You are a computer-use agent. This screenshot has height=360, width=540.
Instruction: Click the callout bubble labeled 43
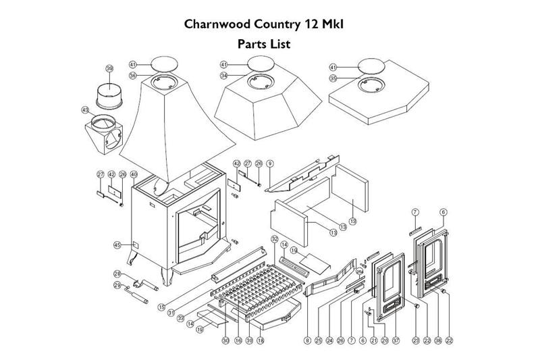pos(85,109)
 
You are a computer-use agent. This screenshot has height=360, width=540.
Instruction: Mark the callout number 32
pos(275,239)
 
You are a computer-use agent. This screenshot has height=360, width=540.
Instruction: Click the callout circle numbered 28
pos(117,274)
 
